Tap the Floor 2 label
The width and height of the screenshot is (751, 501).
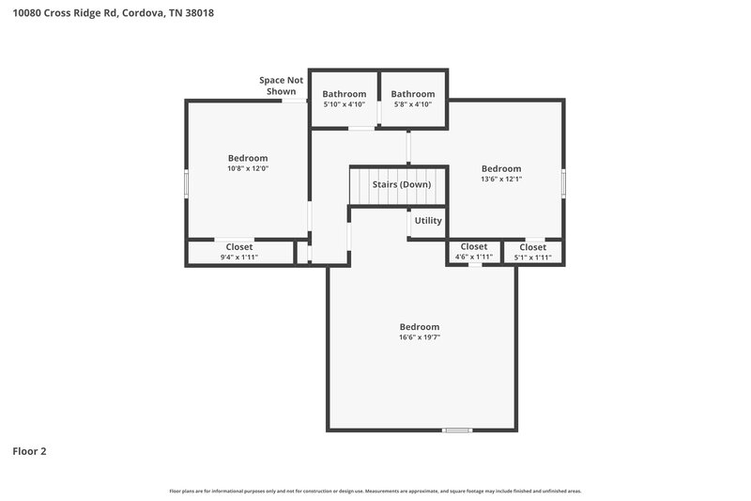pos(29,451)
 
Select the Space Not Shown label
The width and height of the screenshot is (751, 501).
pos(281,86)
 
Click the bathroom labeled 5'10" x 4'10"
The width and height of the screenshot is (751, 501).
pos(344,99)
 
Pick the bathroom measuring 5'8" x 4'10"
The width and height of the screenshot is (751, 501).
pos(413,99)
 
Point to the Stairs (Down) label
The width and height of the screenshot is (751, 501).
pos(401,184)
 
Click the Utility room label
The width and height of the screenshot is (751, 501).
pos(428,221)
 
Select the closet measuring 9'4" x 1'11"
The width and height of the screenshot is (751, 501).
pos(238,252)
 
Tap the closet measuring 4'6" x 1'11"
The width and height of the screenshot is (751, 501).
pos(473,252)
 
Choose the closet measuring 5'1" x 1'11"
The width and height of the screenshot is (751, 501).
pos(532,252)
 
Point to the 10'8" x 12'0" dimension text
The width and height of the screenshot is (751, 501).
pos(248,169)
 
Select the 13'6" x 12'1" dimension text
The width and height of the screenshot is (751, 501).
pos(501,179)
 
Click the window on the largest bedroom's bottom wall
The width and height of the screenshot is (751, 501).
pos(456,431)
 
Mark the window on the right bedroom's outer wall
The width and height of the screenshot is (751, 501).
pos(564,182)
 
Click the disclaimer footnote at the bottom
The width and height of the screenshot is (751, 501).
pos(375,491)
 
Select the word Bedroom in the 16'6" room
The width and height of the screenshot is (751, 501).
pos(419,326)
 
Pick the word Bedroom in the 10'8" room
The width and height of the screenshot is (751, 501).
pos(248,158)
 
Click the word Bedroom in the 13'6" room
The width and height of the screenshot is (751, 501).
pos(501,168)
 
